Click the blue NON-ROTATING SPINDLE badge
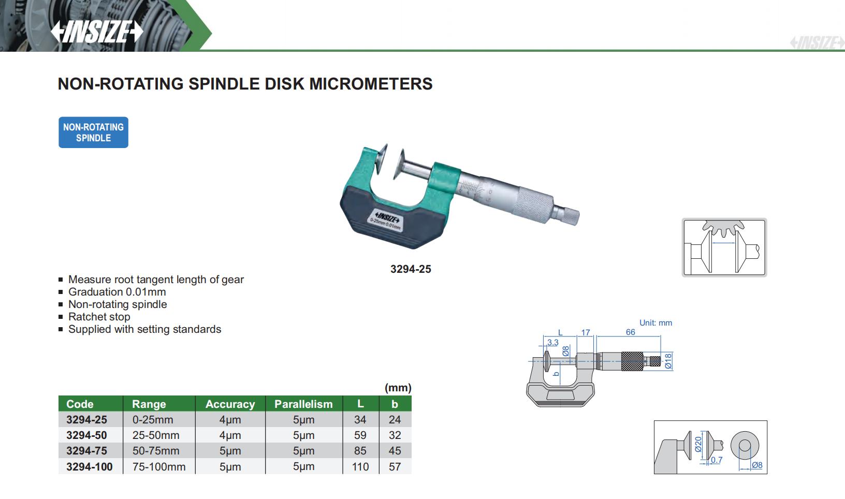pos(93,133)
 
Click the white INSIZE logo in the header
pos(97,31)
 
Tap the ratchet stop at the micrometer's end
pos(566,215)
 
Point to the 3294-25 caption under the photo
pos(411,269)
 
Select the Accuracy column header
pos(230,404)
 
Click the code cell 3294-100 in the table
pos(90,466)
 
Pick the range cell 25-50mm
pos(156,435)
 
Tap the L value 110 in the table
pos(360,466)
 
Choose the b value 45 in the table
pos(395,451)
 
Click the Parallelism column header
pos(303,404)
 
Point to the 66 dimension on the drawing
pos(630,332)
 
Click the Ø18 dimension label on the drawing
pos(668,361)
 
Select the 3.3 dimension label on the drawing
pos(552,343)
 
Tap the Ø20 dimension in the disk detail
pos(698,444)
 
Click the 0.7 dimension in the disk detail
pos(717,460)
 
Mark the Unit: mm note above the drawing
pos(655,323)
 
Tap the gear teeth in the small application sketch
pos(723,228)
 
